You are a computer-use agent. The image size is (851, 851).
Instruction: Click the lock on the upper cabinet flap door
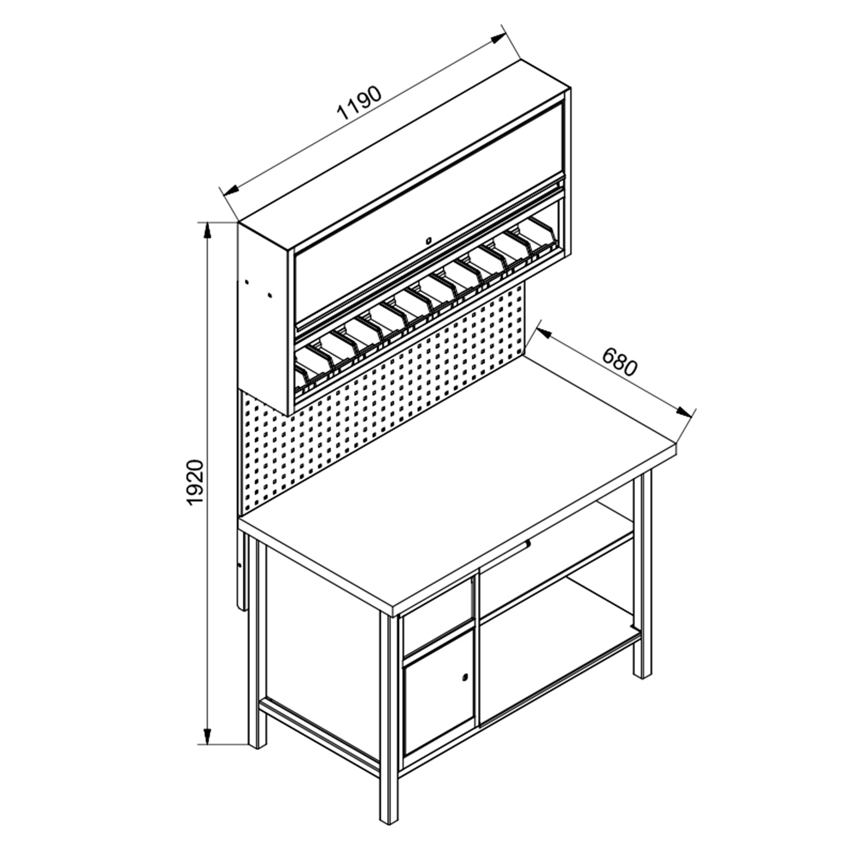point(428,240)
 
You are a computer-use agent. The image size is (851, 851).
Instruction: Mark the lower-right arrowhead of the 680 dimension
point(684,413)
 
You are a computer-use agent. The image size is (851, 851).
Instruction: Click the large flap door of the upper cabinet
point(429,216)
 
